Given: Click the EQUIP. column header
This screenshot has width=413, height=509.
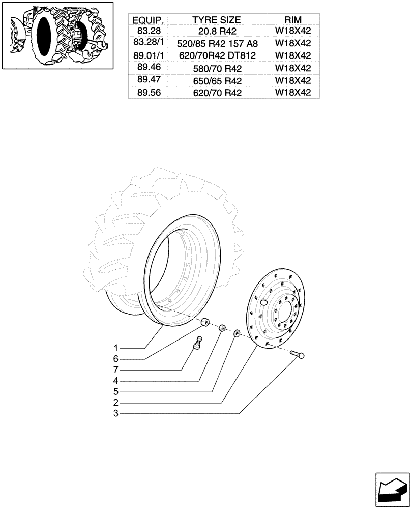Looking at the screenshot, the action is (147, 20).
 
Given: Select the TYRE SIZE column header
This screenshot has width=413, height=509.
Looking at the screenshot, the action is (216, 20).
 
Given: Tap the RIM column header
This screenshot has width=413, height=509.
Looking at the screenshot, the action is (292, 20).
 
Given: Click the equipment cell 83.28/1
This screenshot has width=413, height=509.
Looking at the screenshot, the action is (147, 44).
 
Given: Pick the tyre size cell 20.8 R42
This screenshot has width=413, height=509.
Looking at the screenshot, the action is (216, 32).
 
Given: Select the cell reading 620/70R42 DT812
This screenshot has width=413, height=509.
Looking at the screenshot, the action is (216, 55).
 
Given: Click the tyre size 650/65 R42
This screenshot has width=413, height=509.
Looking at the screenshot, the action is (216, 80).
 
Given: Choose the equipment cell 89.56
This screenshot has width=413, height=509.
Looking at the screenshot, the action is (147, 93).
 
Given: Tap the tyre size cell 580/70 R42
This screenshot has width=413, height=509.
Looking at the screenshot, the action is (216, 68).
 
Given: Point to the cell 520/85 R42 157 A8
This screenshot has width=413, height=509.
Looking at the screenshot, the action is (216, 44).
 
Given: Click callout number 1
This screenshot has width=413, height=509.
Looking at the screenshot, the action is (116, 348).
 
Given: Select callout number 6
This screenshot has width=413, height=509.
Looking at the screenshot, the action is (116, 359).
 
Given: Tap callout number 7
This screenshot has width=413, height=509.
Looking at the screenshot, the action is (116, 370).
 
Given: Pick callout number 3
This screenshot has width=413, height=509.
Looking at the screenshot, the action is (116, 414).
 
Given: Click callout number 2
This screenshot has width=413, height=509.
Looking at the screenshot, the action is (116, 403).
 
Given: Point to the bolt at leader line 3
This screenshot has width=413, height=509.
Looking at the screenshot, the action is (298, 354).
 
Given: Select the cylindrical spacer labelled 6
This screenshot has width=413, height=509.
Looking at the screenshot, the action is (206, 322).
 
